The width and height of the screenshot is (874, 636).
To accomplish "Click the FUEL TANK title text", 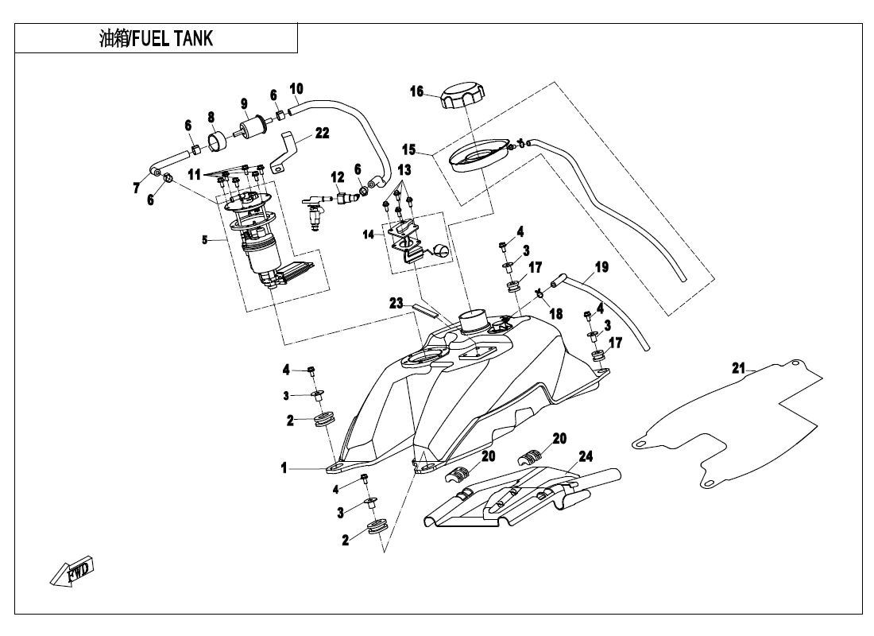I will click(x=156, y=38).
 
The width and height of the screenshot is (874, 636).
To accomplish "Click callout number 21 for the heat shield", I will click(x=739, y=368).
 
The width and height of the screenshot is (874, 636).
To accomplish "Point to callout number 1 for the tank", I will click(x=284, y=468).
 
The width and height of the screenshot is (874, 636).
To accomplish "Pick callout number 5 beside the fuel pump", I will click(x=205, y=239).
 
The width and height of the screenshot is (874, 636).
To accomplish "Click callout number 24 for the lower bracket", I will click(x=586, y=456).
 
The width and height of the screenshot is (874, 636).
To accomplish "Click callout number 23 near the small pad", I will click(x=396, y=303).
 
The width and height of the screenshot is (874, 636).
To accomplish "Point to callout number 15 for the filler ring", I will click(x=408, y=149).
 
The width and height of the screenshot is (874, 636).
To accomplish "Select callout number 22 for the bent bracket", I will click(x=322, y=134).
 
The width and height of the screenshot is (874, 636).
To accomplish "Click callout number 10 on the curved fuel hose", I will click(x=296, y=88).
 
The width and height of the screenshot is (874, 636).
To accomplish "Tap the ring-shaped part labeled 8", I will click(x=218, y=143).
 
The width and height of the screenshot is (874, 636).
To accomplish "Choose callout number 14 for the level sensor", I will click(x=368, y=235).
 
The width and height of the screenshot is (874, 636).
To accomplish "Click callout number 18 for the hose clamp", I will click(x=555, y=314).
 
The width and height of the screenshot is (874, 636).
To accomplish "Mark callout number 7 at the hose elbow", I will click(x=137, y=188).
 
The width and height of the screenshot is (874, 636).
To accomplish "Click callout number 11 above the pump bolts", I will click(x=195, y=173).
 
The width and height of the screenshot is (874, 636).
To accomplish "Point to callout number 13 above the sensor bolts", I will click(x=404, y=170).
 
